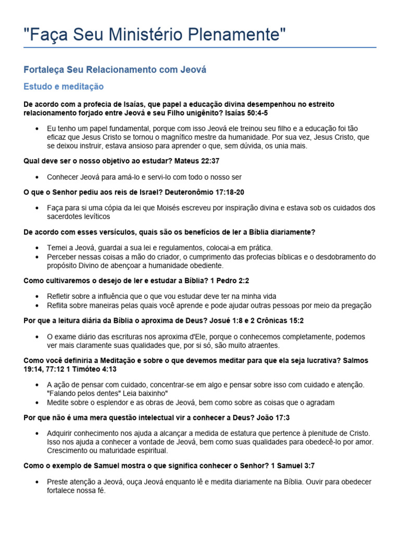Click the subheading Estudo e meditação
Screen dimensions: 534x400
64,86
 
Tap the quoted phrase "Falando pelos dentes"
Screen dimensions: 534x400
84,393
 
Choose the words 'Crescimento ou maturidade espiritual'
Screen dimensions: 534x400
107,451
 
